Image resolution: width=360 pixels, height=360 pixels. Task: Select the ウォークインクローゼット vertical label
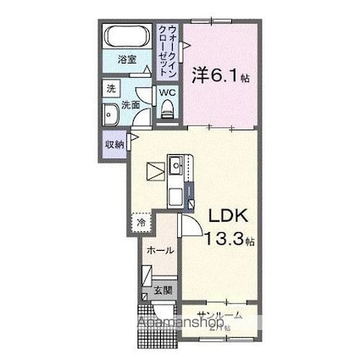[x=170, y=52]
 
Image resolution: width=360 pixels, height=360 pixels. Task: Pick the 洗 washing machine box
[x=111, y=88]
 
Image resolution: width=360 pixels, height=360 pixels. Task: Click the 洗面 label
[x=130, y=106]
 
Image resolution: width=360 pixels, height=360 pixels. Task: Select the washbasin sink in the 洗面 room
[x=110, y=114]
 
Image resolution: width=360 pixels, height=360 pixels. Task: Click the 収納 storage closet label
[x=115, y=145]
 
